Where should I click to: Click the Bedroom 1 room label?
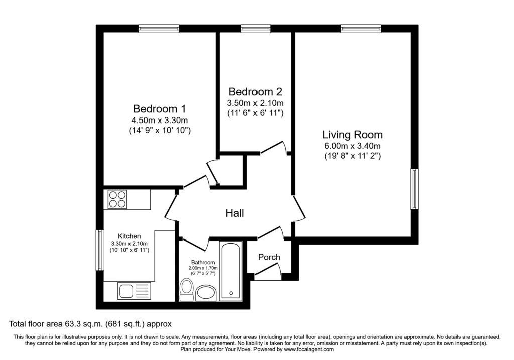[x=159, y=108]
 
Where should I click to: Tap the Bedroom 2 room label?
[x=255, y=91]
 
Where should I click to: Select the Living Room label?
[x=352, y=135]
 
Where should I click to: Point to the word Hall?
[x=235, y=213]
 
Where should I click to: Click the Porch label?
[x=269, y=257]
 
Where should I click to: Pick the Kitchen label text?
[x=129, y=236]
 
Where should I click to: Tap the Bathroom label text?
[x=203, y=262]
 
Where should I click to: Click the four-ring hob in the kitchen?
[x=117, y=199]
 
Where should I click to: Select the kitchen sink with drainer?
[x=134, y=291]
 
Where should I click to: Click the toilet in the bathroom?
[x=187, y=289]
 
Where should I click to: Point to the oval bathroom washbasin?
[x=206, y=293]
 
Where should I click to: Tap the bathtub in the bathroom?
[x=231, y=272]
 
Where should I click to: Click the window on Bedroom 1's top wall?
[x=159, y=29]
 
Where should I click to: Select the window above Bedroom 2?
[x=255, y=29]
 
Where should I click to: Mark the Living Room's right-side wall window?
[x=414, y=189]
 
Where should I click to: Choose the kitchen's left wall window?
[x=100, y=250]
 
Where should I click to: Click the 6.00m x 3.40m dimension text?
[x=352, y=146]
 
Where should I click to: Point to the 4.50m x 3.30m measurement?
[x=159, y=121]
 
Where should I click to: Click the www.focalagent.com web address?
[x=309, y=349]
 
